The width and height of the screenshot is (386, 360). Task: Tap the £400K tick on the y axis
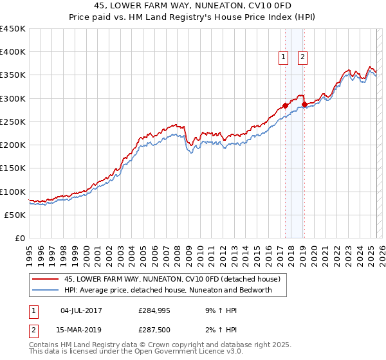[13, 52]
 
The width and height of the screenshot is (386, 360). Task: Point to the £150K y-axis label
[13, 168]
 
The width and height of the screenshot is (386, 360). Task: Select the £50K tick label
[15, 215]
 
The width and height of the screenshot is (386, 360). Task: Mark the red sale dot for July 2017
[285, 106]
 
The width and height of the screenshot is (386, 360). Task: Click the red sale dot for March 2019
[304, 104]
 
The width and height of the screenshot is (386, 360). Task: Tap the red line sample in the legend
[46, 280]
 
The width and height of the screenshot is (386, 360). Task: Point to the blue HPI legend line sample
[46, 290]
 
